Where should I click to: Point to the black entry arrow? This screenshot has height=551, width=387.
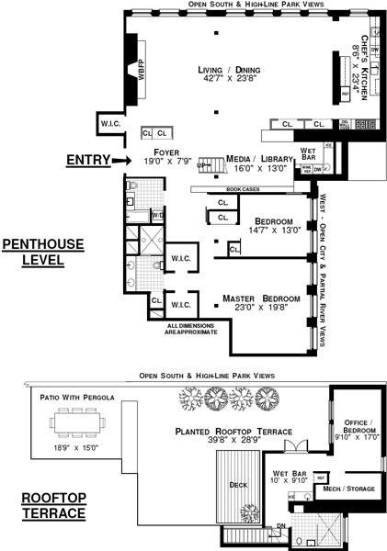tap(120, 161)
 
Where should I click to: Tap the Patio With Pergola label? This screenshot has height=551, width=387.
tap(75, 397)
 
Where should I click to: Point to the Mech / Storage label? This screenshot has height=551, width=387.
tap(348, 489)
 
